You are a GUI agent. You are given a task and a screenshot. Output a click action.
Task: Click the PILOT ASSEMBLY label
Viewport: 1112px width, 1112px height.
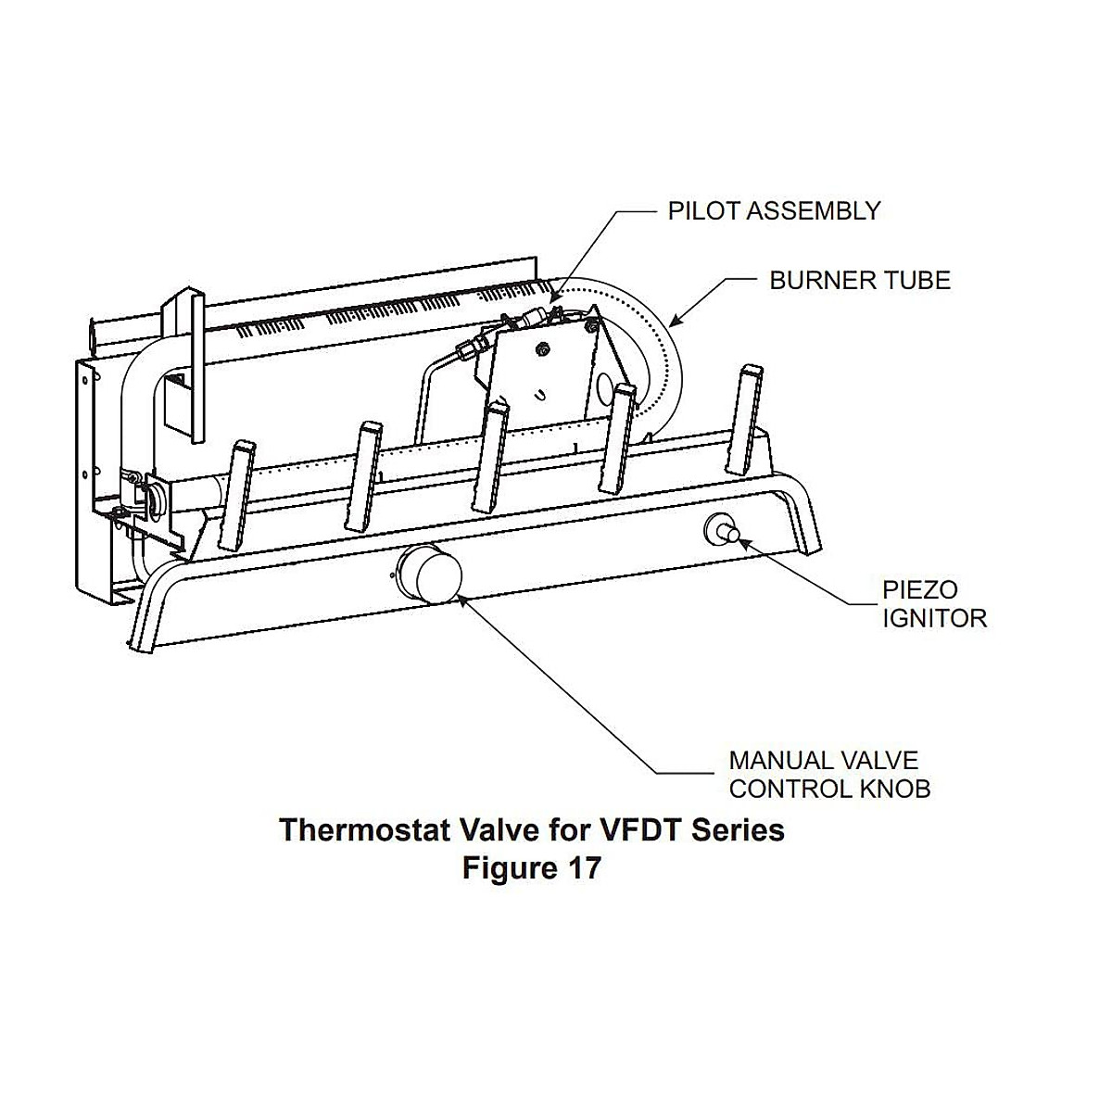pos(774,211)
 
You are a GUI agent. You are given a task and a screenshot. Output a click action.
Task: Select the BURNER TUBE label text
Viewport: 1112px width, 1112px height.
pos(860,280)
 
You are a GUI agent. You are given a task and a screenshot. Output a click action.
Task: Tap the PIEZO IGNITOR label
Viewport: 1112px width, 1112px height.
pos(933,603)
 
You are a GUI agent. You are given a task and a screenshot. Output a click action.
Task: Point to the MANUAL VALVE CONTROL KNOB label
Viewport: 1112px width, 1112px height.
pos(829,775)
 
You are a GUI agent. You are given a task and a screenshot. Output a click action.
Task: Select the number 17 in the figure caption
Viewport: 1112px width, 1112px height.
pos(583,868)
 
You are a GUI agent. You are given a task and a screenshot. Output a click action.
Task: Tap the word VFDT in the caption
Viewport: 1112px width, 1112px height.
pos(631,829)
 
